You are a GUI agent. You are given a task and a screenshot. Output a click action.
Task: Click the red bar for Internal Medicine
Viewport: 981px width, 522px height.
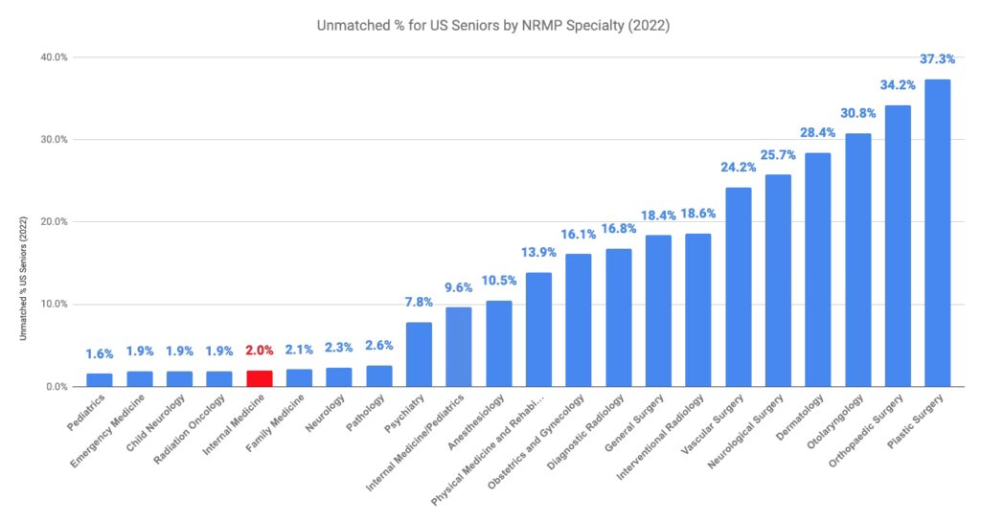click(x=260, y=378)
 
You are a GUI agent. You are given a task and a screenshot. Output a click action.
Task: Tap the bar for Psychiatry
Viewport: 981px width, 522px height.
click(x=419, y=354)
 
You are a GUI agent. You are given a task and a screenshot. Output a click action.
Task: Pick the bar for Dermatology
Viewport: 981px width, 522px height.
click(x=817, y=269)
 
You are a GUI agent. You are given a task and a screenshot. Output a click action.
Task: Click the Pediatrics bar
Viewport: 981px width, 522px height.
click(x=100, y=380)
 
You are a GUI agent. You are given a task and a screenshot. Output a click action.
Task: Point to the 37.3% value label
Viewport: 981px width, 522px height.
click(x=937, y=59)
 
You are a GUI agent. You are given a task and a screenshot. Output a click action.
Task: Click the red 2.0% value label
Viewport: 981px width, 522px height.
click(x=260, y=351)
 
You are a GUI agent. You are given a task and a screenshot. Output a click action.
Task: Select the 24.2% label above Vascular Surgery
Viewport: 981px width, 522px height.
click(x=739, y=167)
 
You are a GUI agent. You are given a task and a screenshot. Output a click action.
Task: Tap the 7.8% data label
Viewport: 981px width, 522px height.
click(x=419, y=302)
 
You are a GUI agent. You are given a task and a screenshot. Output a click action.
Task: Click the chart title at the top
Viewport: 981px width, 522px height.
click(x=492, y=26)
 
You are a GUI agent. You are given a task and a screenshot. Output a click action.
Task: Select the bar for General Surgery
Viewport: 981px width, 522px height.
click(x=658, y=310)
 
